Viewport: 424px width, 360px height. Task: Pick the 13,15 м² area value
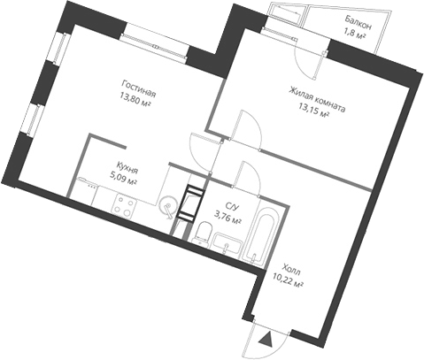click(x=314, y=113)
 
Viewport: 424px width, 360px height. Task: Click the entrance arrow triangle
click(x=265, y=335)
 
